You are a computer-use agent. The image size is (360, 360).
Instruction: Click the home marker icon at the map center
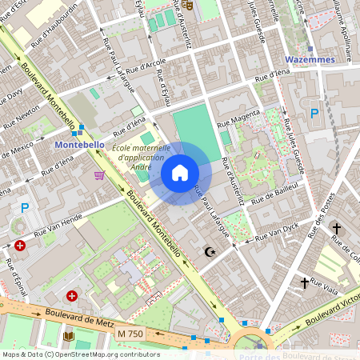click(180, 173)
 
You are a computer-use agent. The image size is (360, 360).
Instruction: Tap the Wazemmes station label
click(308, 59)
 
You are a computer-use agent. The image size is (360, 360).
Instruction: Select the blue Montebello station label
click(79, 144)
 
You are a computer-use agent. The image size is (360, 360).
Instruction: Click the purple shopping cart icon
click(99, 175)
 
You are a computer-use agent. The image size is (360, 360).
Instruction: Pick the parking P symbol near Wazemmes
click(314, 114)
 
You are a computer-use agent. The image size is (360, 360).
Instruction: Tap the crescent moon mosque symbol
click(210, 252)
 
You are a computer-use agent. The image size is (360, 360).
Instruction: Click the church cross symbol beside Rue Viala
click(305, 282)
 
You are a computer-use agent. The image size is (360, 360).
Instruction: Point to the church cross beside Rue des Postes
click(337, 229)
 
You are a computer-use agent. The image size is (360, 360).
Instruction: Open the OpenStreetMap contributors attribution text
click(80, 354)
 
